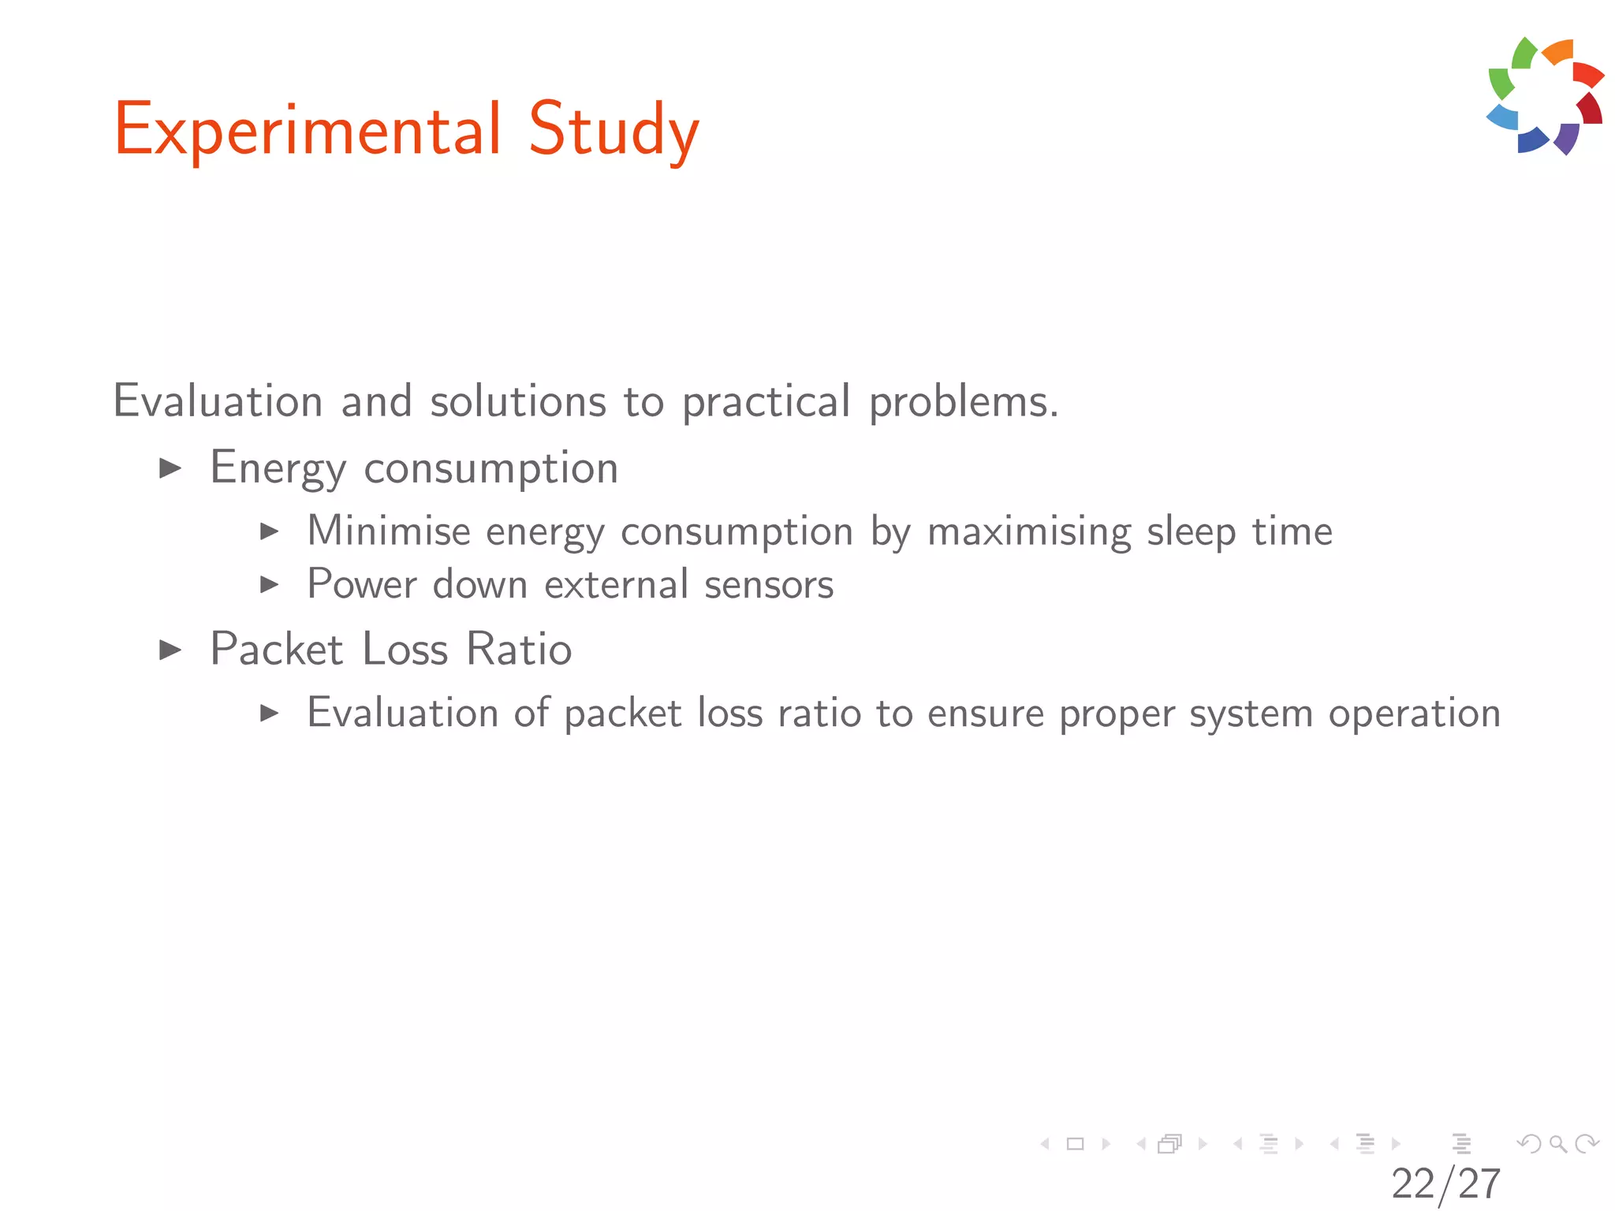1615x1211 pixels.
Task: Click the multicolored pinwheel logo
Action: click(x=1545, y=96)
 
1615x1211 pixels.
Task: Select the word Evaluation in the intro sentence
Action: click(x=218, y=401)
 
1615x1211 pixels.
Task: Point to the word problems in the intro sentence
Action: click(x=963, y=403)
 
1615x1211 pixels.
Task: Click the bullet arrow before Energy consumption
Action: click(x=170, y=469)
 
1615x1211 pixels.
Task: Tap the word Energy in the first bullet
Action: click(x=278, y=469)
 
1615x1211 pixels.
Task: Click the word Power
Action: click(x=362, y=585)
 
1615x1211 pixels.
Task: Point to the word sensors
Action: click(x=768, y=585)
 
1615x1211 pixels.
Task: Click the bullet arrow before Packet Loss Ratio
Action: click(x=170, y=650)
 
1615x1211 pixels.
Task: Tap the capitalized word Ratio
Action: click(x=519, y=650)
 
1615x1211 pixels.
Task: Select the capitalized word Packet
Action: click(x=276, y=650)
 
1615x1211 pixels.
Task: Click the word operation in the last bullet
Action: click(x=1414, y=714)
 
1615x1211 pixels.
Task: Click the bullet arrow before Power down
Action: click(x=270, y=585)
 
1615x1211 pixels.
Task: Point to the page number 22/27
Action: click(x=1445, y=1183)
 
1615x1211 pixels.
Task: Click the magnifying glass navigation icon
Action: click(x=1557, y=1143)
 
